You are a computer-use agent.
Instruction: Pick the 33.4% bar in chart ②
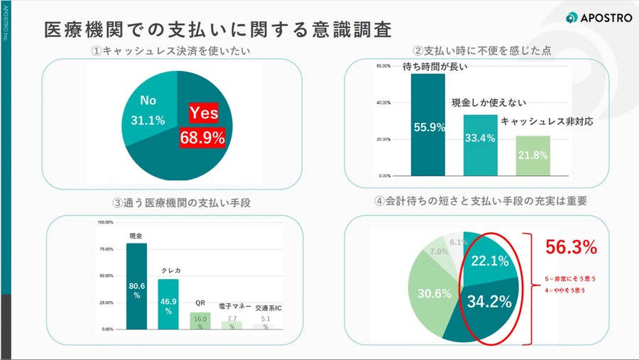[x=481, y=145]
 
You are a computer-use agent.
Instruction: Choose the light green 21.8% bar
[x=533, y=156]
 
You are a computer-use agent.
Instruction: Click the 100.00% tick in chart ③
[x=105, y=222]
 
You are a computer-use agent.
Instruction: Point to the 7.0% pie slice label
[x=438, y=251]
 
